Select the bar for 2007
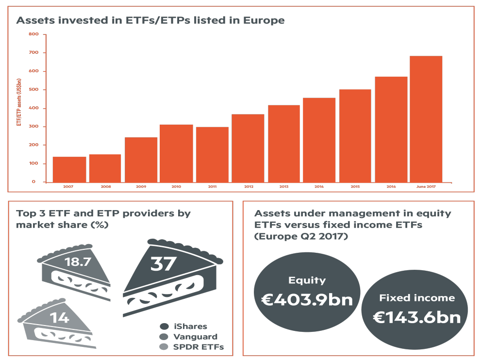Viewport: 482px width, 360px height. (x=69, y=169)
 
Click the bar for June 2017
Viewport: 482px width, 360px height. (x=426, y=119)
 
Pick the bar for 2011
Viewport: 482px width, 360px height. (x=213, y=155)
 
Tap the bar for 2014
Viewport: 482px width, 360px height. (x=319, y=140)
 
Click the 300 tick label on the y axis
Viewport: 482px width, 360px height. (x=33, y=126)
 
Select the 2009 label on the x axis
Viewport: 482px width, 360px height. (x=141, y=186)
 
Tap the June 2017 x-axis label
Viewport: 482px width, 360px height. (x=426, y=186)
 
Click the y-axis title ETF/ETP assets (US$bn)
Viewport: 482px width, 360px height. (x=19, y=102)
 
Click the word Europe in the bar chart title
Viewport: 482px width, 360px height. (x=264, y=20)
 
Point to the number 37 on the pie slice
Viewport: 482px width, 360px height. (x=164, y=263)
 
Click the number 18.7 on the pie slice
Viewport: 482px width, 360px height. (x=78, y=262)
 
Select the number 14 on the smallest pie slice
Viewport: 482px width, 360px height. (x=59, y=318)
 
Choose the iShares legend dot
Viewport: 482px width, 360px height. (x=165, y=326)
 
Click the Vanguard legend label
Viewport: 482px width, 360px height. (x=195, y=337)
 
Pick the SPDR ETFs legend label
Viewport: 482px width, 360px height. (x=198, y=347)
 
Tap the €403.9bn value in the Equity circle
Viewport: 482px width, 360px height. (x=307, y=299)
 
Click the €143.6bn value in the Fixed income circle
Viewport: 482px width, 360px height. (x=417, y=317)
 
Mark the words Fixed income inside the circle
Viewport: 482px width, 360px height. (x=417, y=297)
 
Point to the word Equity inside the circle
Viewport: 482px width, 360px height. (x=307, y=280)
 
